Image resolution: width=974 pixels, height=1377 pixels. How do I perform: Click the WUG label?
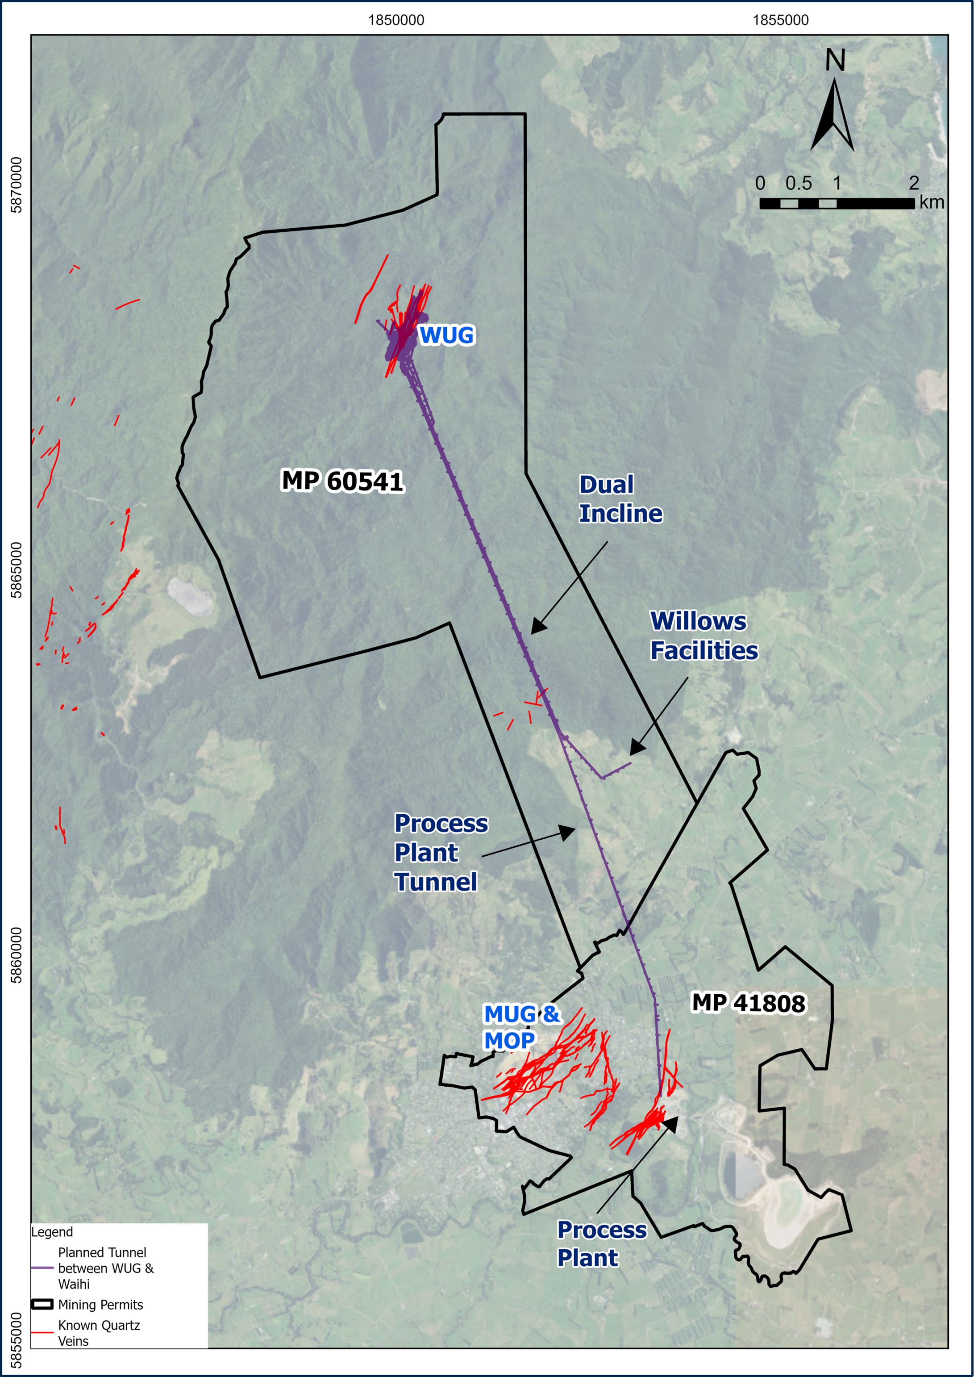tap(446, 335)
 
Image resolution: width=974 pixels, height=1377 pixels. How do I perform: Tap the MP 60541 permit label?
tap(342, 481)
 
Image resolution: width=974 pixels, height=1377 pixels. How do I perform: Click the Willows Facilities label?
tap(703, 636)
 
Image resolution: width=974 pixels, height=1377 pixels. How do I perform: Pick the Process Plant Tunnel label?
tap(440, 853)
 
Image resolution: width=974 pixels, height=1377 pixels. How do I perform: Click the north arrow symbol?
tap(832, 115)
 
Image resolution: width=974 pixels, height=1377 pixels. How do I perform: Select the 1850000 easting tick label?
tap(396, 21)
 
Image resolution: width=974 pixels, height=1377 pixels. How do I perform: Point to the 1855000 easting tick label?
tap(780, 21)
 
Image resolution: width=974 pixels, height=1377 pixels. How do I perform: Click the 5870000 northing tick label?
tap(17, 185)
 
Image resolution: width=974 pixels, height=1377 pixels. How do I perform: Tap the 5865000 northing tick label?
tap(17, 570)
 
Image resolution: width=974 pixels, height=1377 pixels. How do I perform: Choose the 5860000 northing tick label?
tap(17, 955)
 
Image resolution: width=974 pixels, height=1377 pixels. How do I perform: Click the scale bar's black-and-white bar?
tap(837, 203)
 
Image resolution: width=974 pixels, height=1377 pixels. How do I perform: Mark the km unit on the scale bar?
tap(932, 203)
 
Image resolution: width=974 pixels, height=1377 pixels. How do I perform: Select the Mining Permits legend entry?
tap(100, 1304)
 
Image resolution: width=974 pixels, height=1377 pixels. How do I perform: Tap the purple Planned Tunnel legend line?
tap(42, 1268)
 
